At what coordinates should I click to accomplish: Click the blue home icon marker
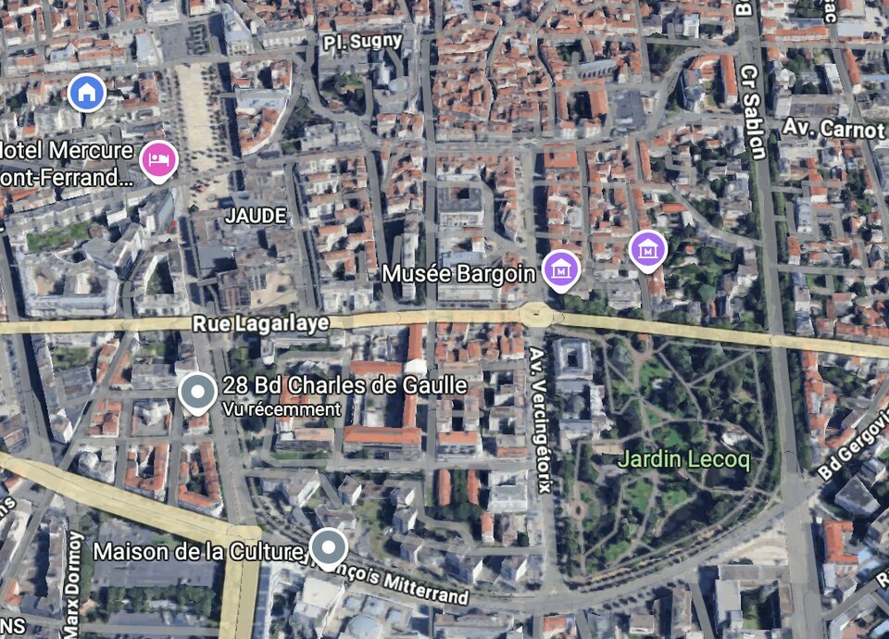(x=87, y=92)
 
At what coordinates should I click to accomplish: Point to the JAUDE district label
(x=255, y=216)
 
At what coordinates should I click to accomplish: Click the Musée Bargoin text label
(x=459, y=273)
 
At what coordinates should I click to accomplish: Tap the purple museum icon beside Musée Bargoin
(x=560, y=269)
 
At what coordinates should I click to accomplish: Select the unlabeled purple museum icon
(x=647, y=248)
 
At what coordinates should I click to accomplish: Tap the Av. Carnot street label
(x=833, y=127)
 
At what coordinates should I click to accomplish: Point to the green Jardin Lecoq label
(x=683, y=458)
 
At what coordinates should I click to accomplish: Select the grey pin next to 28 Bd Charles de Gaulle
(x=198, y=392)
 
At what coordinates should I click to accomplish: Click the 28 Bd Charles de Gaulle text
(x=344, y=385)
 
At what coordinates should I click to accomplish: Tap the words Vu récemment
(x=282, y=408)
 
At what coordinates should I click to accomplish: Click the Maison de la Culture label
(x=198, y=552)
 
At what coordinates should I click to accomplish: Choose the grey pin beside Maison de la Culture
(x=329, y=547)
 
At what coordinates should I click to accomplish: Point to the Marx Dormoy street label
(x=74, y=583)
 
